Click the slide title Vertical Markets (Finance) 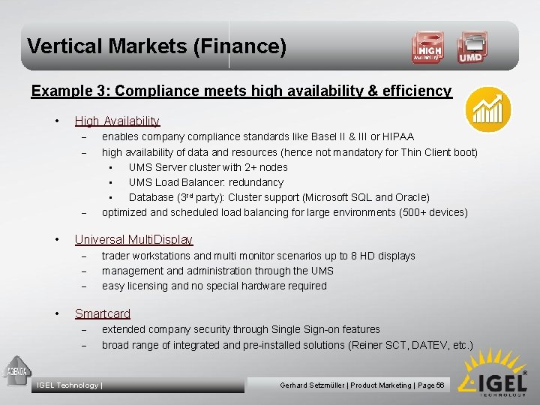click(x=157, y=46)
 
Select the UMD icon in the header click(x=471, y=47)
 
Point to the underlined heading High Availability click(x=117, y=121)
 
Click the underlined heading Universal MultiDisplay click(x=133, y=239)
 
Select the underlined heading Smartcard click(x=103, y=313)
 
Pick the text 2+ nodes click(x=266, y=167)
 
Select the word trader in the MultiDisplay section click(x=116, y=256)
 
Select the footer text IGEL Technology click(x=68, y=385)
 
